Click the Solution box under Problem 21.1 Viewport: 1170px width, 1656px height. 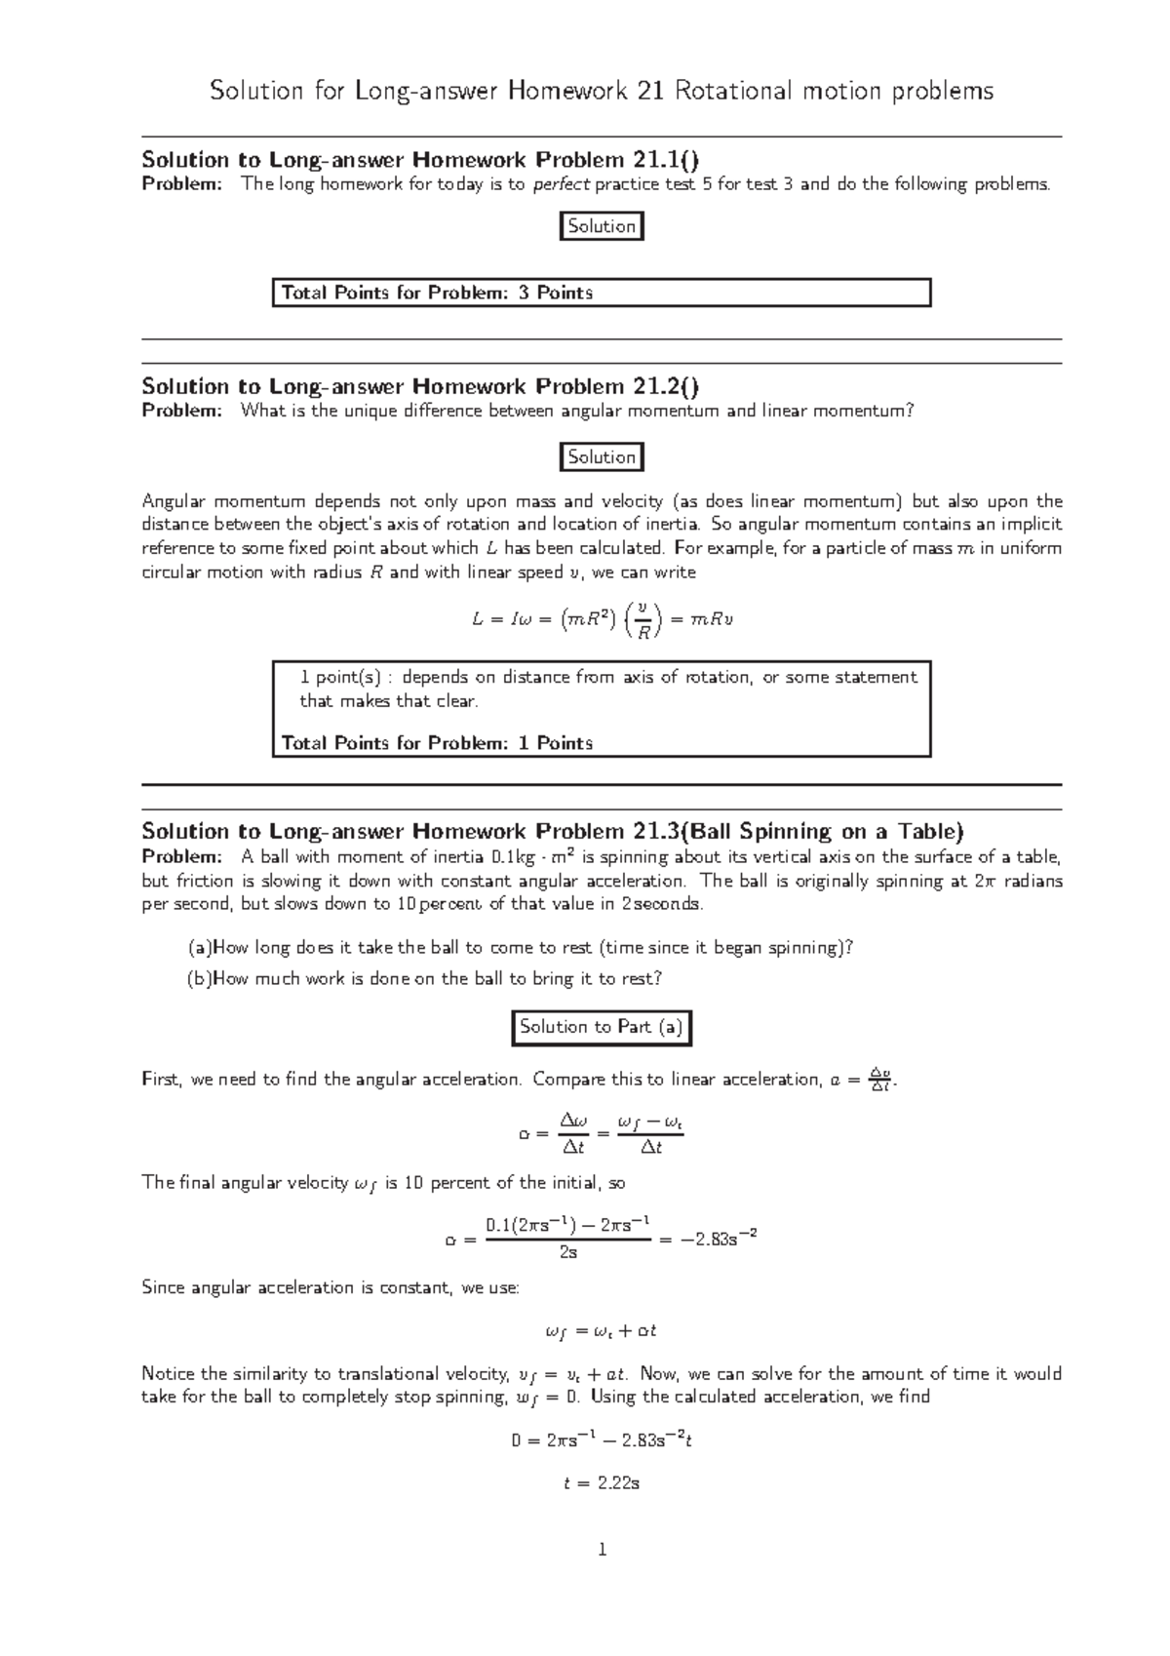click(x=602, y=226)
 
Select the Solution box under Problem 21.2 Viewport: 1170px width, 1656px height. click(x=602, y=456)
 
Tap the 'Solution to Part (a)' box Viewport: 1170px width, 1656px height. click(x=602, y=1027)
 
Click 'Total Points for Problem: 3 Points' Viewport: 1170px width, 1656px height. click(x=437, y=293)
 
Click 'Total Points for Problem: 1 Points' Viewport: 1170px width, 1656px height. click(x=437, y=743)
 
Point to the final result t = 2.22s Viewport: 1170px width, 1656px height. click(x=602, y=1483)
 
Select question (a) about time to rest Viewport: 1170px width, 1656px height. click(x=520, y=948)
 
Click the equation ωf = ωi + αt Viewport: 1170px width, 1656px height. click(x=602, y=1331)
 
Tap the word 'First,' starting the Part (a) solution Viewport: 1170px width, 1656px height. click(x=162, y=1080)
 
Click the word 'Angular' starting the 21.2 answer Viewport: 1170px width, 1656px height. click(x=174, y=501)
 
